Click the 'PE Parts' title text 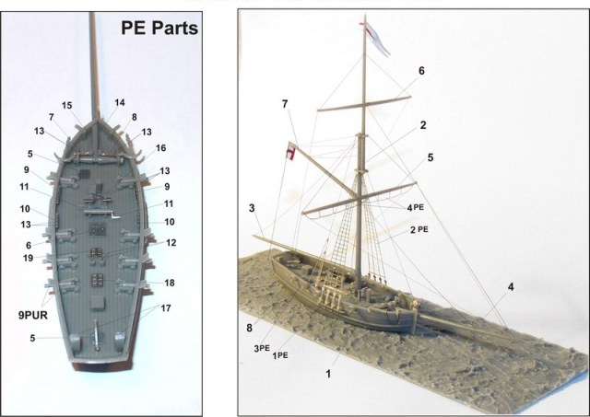[159, 28]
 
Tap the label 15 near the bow [66, 106]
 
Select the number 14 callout [119, 102]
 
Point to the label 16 [160, 147]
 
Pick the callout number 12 [171, 242]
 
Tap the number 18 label [169, 282]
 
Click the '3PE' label [261, 348]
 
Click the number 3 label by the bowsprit [251, 209]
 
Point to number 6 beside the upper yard [421, 70]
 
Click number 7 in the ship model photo [285, 103]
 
